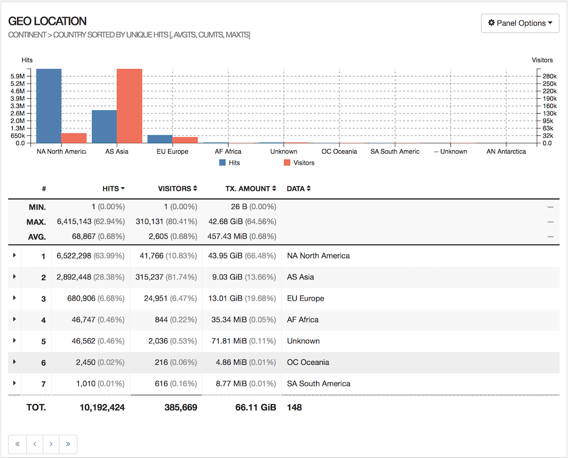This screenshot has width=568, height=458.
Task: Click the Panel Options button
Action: click(520, 23)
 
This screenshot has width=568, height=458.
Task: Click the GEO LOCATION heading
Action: click(48, 21)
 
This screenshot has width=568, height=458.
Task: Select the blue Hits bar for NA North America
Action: click(49, 105)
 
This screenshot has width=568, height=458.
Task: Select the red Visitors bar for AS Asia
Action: click(129, 105)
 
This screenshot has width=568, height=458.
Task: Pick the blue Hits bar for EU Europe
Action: click(160, 139)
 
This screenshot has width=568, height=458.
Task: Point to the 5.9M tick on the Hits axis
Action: click(18, 76)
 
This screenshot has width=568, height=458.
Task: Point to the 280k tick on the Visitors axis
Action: click(549, 76)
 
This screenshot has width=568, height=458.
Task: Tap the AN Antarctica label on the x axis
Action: click(506, 151)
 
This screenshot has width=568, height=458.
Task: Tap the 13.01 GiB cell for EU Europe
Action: click(228, 298)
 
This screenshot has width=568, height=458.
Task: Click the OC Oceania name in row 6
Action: click(308, 362)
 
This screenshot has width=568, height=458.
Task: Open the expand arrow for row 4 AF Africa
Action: click(14, 319)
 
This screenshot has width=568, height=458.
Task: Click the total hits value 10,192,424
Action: click(102, 408)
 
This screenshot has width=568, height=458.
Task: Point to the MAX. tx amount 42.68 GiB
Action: click(228, 221)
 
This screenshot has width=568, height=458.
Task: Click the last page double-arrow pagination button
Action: click(68, 444)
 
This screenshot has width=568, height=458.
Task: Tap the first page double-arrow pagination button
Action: click(17, 444)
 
